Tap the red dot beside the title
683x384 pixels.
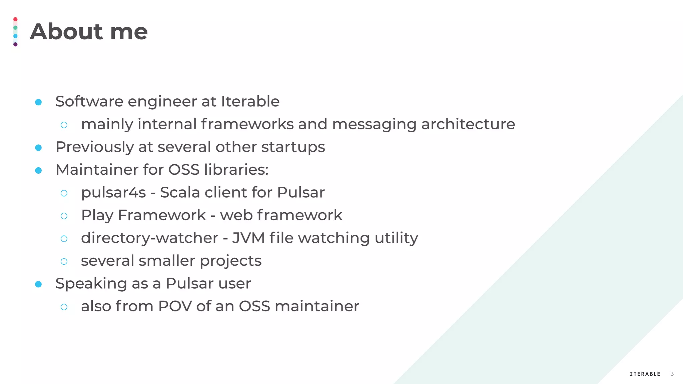point(15,19)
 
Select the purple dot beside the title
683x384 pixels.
point(15,44)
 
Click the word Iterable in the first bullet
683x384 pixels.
point(250,101)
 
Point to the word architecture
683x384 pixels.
point(468,124)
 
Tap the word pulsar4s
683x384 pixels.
point(113,192)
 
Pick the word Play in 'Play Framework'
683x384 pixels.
point(97,215)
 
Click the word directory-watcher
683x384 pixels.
point(149,238)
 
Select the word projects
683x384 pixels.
point(230,261)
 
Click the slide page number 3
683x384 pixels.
point(672,374)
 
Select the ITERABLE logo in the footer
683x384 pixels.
point(645,374)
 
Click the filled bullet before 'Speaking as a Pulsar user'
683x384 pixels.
point(38,284)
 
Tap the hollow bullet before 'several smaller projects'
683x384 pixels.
point(64,261)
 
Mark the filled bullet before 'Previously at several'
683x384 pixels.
point(38,148)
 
